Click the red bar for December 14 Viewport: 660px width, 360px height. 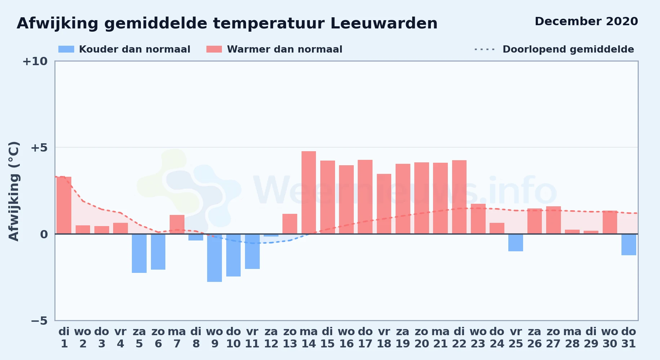coord(309,193)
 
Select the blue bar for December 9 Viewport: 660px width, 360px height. coord(214,258)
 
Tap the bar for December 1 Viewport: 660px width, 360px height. coord(64,205)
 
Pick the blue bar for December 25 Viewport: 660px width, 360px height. coord(516,243)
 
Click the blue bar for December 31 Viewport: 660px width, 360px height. coord(629,244)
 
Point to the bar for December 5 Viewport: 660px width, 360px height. coord(139,253)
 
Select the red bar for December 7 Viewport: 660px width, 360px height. coord(177,224)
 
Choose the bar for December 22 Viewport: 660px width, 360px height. coord(459,197)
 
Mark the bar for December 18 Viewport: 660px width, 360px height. coord(384,204)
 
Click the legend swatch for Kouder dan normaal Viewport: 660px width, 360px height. coord(66,49)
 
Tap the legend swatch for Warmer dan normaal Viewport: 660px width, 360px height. coord(214,49)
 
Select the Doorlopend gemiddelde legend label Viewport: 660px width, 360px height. coord(568,49)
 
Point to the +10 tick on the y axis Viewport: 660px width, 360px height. coord(35,61)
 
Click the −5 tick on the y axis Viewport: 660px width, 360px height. coord(39,320)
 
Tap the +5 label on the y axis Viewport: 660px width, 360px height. coord(39,148)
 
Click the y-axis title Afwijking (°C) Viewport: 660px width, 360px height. coord(14,191)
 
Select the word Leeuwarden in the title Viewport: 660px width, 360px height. coord(384,23)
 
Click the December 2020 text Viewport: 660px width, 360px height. coord(586,21)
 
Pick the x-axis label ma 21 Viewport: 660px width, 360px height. coord(440,338)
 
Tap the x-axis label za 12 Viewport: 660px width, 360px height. coord(271,338)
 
